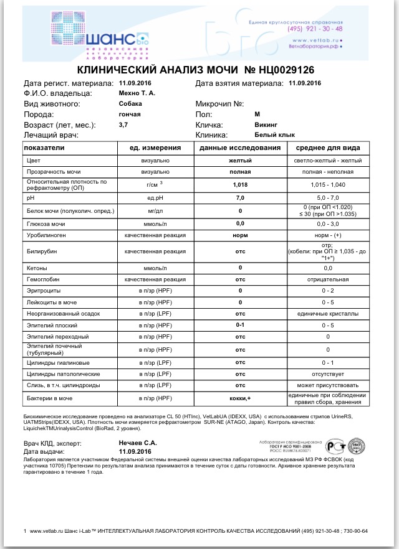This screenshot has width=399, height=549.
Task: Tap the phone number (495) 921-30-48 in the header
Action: [314, 29]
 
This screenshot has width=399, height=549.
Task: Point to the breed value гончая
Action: [130, 115]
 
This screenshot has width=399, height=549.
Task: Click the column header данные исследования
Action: [240, 148]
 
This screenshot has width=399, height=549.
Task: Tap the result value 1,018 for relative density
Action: [240, 185]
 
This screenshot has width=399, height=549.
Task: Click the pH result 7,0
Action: [240, 198]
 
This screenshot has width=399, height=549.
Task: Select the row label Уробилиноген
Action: [47, 235]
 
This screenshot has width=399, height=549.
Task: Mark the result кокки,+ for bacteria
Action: [240, 398]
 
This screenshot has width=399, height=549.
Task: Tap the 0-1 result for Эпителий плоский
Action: [240, 325]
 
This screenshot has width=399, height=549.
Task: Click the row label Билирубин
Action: [42, 251]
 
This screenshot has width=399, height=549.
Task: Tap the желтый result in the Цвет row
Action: [240, 161]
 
